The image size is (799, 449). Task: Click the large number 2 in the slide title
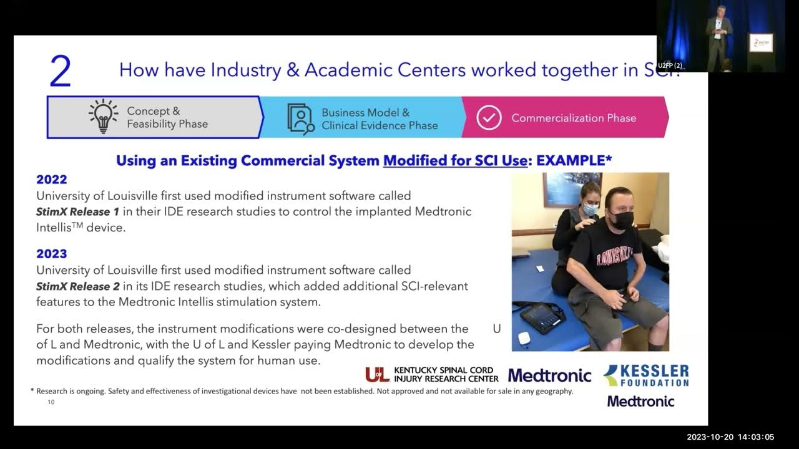(61, 72)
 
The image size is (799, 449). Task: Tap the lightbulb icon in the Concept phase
(104, 117)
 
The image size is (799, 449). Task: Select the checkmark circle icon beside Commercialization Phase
(489, 117)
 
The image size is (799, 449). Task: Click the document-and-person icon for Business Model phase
(300, 118)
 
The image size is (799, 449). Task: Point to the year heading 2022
(52, 180)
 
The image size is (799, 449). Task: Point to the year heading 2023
(52, 254)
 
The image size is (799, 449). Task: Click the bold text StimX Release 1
(77, 211)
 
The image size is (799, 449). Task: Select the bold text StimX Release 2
(77, 286)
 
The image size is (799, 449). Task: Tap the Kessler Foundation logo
(646, 375)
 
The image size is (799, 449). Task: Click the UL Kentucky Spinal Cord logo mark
(377, 374)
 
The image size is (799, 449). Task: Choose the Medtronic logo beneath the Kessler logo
(640, 401)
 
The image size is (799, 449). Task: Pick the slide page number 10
(51, 402)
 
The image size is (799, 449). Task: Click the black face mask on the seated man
(621, 218)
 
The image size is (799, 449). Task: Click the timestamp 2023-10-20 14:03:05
(730, 437)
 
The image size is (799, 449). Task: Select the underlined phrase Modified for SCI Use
(455, 161)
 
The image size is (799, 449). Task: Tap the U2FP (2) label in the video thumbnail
(670, 65)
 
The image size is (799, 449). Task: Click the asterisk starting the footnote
(32, 391)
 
